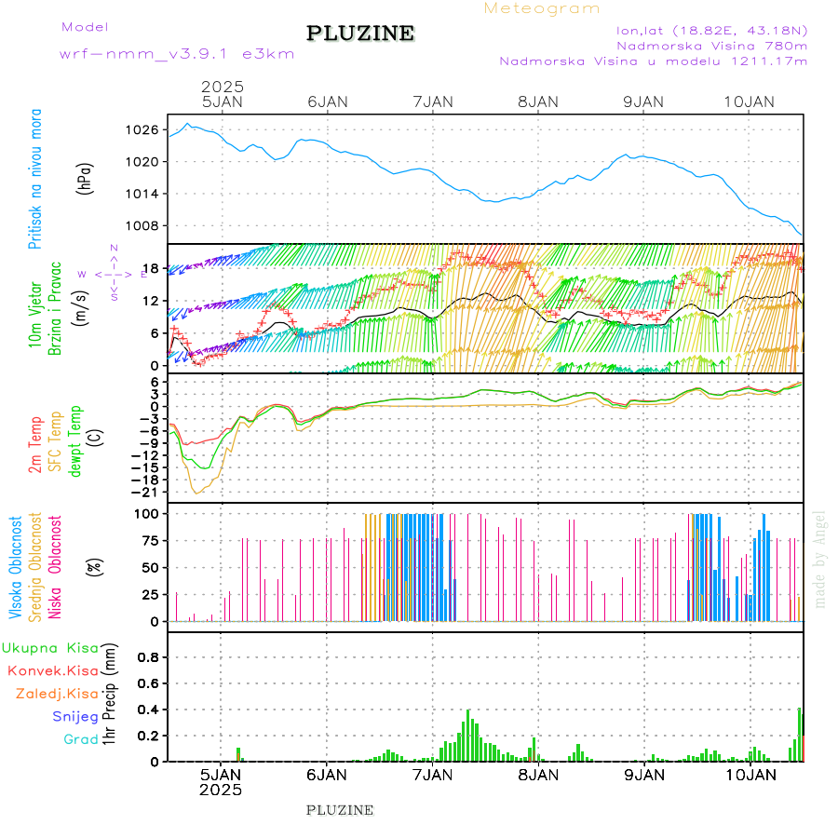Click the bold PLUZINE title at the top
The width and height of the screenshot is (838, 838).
pos(360,34)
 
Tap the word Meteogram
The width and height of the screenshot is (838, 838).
pos(542,8)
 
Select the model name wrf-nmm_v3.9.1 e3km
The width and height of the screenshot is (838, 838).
pos(177,53)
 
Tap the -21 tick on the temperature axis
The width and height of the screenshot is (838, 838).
pos(151,492)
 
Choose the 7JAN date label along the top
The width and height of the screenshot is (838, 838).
pos(432,101)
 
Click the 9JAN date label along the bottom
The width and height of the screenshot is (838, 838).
pos(643,774)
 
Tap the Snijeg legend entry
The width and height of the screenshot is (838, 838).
pos(76,716)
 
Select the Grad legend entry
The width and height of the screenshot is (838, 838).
pos(81,739)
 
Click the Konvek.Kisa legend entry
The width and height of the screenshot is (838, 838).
pos(52,670)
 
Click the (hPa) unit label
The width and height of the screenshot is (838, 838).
pos(86,178)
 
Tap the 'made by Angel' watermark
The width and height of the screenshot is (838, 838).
pos(820,559)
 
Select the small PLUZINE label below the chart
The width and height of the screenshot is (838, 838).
pos(340,810)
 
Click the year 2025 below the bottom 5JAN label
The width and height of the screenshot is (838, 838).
pos(220,790)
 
